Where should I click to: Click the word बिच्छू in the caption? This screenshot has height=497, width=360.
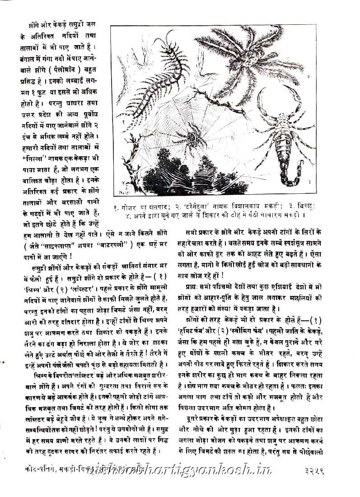[303, 206]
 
